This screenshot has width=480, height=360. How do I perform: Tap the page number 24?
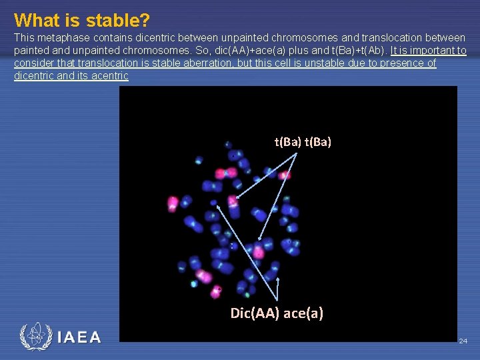click(463, 341)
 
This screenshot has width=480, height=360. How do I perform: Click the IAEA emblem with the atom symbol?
click(35, 337)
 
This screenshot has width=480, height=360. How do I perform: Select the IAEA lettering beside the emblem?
click(79, 337)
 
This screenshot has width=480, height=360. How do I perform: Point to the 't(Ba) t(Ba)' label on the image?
click(303, 141)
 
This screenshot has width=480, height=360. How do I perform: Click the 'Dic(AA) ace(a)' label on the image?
click(277, 313)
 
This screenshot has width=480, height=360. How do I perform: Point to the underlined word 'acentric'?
click(108, 76)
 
